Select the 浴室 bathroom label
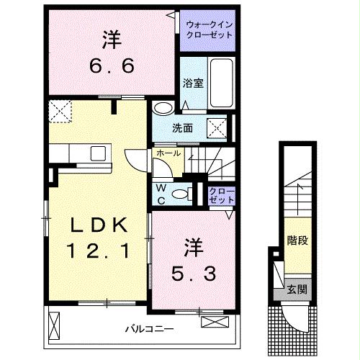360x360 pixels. tap(194, 83)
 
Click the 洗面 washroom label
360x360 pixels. tap(182, 128)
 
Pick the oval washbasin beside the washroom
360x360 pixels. tap(163, 109)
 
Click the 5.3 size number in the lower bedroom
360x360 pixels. tap(193, 273)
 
